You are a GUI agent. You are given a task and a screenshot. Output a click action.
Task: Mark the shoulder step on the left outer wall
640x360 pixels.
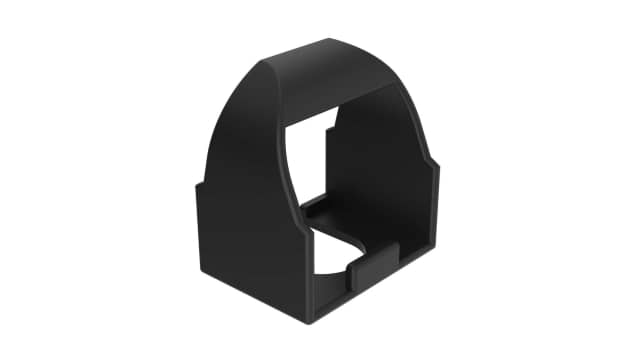coord(199,186)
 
